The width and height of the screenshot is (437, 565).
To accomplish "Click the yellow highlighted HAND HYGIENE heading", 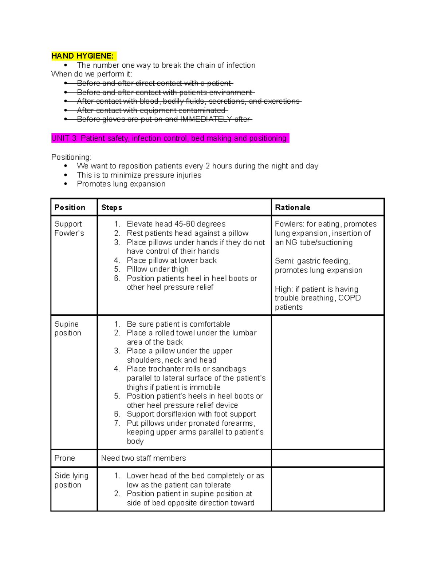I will tap(83, 56).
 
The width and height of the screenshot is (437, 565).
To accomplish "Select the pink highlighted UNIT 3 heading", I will tap(169, 138).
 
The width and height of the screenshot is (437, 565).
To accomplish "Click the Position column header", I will tap(70, 207).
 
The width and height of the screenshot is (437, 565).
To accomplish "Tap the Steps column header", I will tap(111, 207).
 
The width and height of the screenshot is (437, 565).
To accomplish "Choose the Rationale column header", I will tap(292, 207).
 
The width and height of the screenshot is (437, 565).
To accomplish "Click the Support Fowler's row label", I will tap(69, 228).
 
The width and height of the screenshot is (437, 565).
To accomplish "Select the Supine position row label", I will tap(68, 329).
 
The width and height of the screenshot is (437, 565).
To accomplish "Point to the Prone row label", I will tap(64, 458).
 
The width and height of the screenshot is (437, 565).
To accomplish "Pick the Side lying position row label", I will tap(71, 480).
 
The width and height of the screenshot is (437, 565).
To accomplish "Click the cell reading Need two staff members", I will tap(143, 458).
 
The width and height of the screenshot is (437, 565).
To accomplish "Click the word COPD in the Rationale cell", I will tap(349, 298).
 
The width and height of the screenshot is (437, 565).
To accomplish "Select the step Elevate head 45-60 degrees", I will tap(176, 224).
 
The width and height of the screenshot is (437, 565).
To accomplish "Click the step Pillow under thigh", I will tap(158, 269).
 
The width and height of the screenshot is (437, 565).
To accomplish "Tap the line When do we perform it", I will tap(92, 74).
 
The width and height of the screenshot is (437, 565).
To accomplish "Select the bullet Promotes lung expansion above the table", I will tap(121, 184).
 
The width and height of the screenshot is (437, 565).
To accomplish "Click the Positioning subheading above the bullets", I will tap(71, 157).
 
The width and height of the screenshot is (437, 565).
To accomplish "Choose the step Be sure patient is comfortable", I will tap(178, 324).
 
